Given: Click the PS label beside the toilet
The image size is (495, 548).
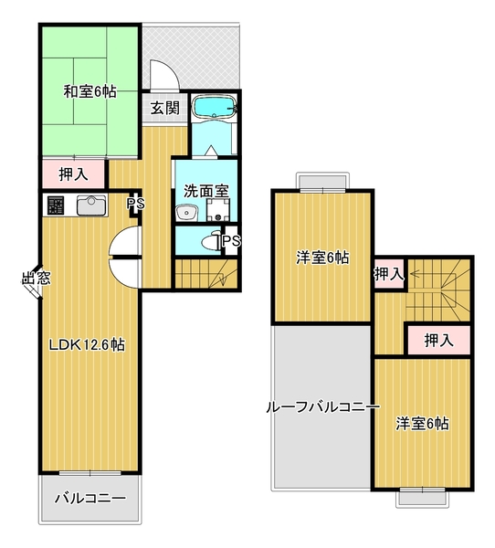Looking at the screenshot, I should point(230,241).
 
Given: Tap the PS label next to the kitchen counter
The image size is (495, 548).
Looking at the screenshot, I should point(135,204).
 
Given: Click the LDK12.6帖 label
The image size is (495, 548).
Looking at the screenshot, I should point(87,345).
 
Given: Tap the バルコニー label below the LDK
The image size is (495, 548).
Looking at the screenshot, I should point(89,499).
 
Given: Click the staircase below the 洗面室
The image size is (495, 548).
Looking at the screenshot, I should point(206,272).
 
